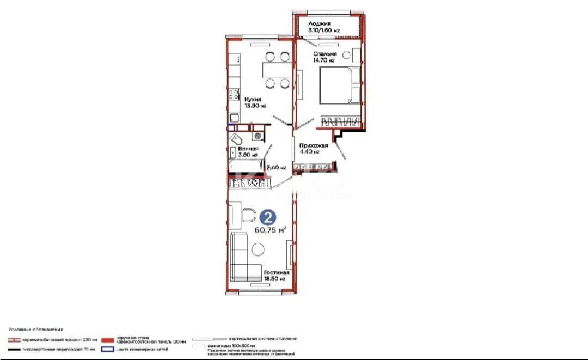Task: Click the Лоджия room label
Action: click(x=318, y=24)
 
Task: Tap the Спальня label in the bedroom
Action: click(x=324, y=54)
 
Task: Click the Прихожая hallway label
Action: click(x=313, y=145)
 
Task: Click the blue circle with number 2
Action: click(x=267, y=217)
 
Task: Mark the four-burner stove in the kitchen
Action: click(x=233, y=96)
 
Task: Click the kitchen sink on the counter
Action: click(x=234, y=117)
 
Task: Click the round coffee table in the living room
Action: click(x=259, y=249)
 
